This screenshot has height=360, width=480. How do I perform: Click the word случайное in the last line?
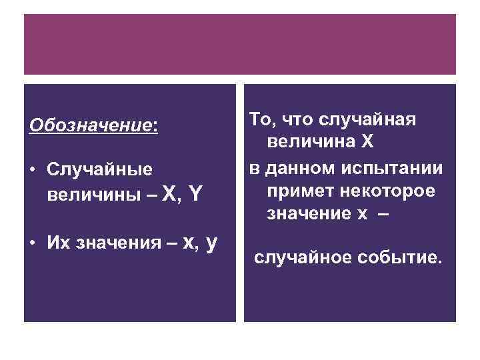[x=305, y=257]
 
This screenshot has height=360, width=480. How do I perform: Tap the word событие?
[x=402, y=257]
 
